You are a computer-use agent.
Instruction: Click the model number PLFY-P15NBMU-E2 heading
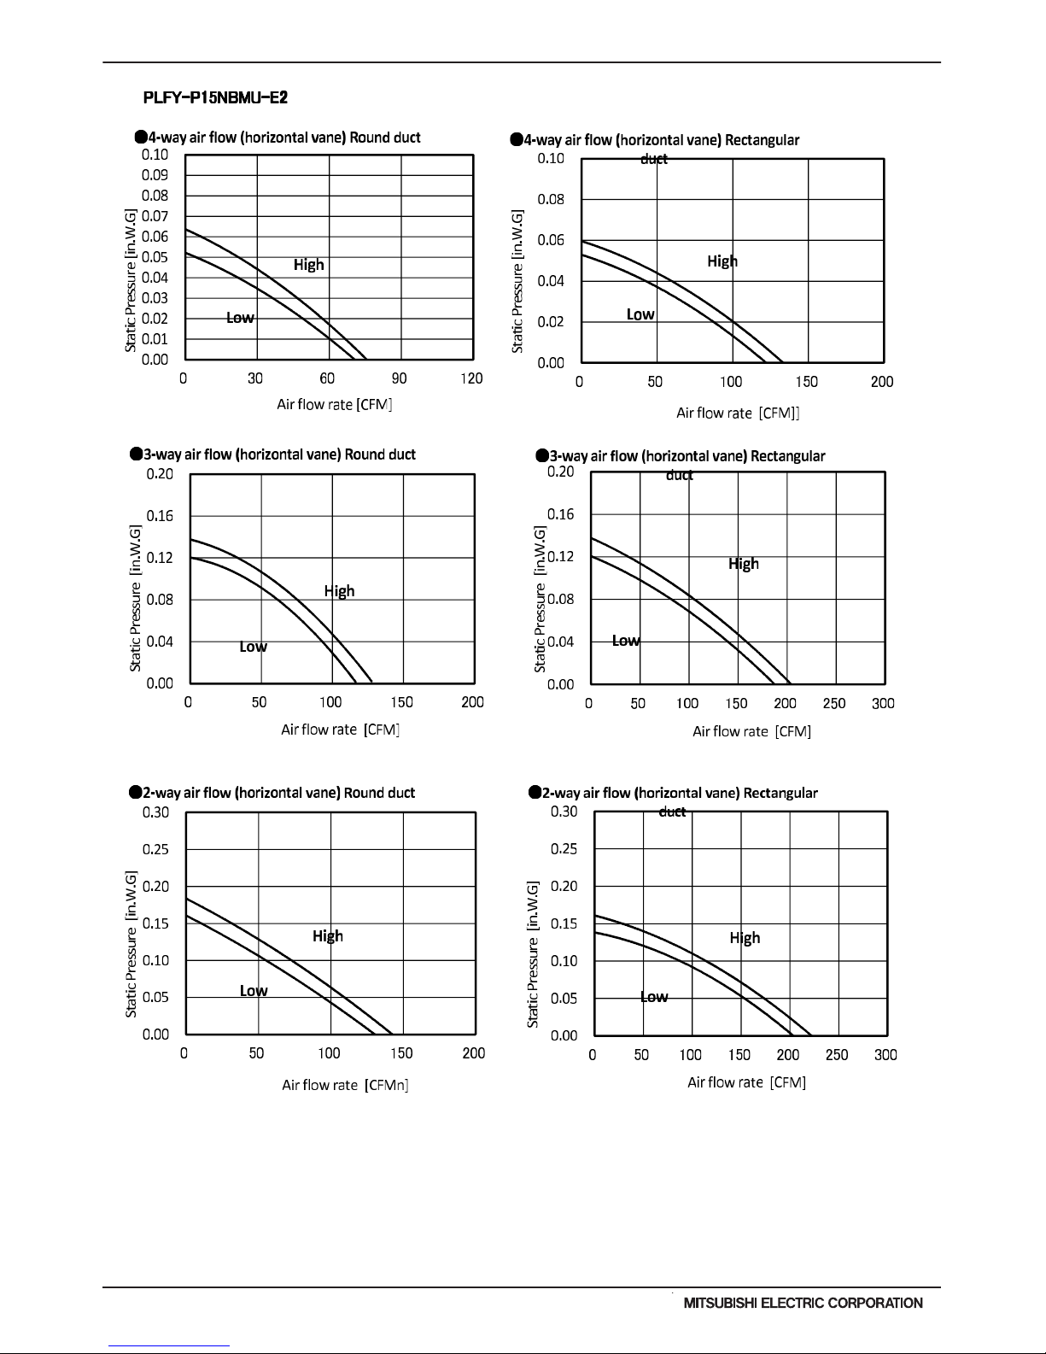point(215,98)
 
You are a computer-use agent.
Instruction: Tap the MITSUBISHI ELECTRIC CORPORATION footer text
point(803,1303)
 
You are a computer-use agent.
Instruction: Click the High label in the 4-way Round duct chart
point(309,265)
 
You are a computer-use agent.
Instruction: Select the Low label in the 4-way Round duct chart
point(240,318)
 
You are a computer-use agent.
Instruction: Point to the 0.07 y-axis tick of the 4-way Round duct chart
point(155,216)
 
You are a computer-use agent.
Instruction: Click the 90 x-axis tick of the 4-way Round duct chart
point(399,378)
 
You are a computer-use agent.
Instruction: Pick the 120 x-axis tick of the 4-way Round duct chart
point(471,378)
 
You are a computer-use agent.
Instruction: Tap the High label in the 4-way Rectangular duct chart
point(722,261)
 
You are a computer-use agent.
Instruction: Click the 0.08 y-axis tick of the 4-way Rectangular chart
point(551,199)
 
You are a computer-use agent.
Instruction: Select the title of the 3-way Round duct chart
point(272,454)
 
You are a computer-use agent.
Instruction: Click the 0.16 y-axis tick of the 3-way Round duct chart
point(160,516)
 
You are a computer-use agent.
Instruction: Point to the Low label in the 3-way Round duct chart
point(254,647)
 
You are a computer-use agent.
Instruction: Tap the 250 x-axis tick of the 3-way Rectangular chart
point(834,703)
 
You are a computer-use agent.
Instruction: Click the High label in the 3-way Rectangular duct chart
point(744,564)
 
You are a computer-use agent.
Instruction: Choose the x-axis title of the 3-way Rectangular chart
point(752,731)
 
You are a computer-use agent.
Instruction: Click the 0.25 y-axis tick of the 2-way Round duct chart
point(155,849)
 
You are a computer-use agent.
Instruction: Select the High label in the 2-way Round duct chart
point(328,936)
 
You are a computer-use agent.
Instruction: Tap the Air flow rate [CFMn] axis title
point(346,1085)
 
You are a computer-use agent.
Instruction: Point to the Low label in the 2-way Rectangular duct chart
point(654,997)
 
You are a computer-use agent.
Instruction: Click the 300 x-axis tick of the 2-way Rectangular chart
point(885,1055)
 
